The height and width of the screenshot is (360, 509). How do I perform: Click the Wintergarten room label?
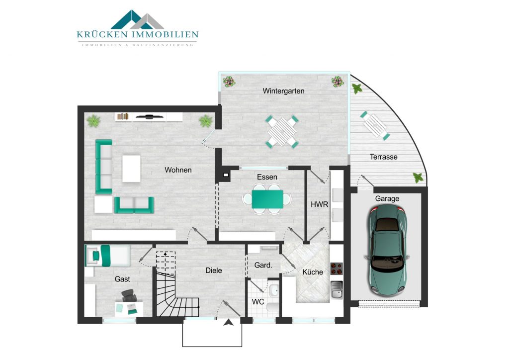(x=283, y=91)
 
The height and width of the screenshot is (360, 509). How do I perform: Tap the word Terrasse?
(x=383, y=157)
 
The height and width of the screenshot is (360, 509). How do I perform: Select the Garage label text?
(x=387, y=198)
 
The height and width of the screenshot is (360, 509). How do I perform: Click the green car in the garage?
(x=387, y=250)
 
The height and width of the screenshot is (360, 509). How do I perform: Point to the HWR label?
(x=320, y=204)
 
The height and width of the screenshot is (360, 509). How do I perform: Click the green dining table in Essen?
(x=267, y=199)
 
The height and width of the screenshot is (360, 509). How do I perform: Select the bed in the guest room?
(x=108, y=256)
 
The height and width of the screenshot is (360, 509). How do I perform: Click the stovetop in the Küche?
(x=337, y=269)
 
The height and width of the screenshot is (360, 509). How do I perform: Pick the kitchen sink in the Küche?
(x=337, y=289)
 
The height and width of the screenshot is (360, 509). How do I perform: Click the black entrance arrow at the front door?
(x=229, y=322)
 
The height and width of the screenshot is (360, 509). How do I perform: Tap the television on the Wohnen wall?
(x=149, y=116)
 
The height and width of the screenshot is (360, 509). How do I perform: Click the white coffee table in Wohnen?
(x=131, y=169)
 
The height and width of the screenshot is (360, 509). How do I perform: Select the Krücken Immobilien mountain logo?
(x=137, y=19)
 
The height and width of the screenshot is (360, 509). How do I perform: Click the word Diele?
(x=214, y=270)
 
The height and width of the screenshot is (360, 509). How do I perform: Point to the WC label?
(x=258, y=302)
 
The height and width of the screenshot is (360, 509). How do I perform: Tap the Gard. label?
(x=263, y=265)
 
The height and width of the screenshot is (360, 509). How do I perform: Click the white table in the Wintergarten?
(x=282, y=132)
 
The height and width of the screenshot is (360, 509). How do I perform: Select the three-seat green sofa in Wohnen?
(x=103, y=167)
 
